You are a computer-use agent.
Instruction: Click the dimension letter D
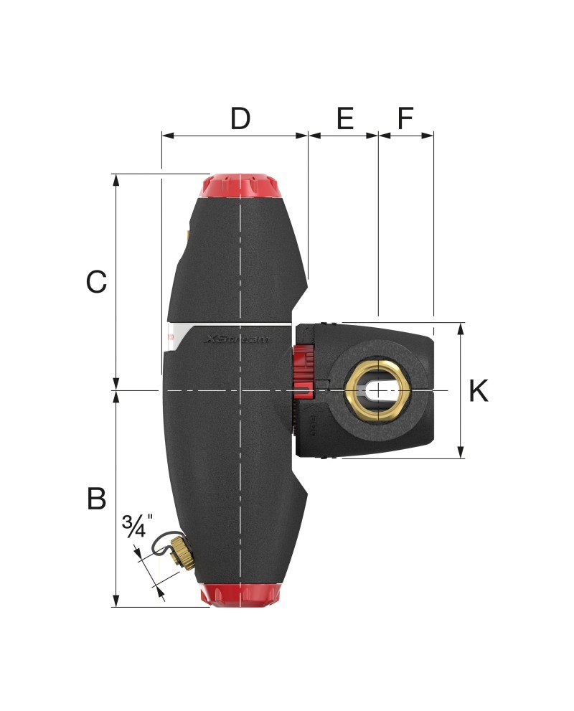click(x=240, y=118)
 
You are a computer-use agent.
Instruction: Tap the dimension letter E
click(x=345, y=118)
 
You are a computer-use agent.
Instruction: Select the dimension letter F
click(x=405, y=118)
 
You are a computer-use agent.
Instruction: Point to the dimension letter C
click(x=96, y=281)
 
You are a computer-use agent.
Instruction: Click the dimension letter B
click(x=96, y=499)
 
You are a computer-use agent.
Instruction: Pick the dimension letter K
click(x=479, y=391)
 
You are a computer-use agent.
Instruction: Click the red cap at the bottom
click(x=240, y=595)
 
